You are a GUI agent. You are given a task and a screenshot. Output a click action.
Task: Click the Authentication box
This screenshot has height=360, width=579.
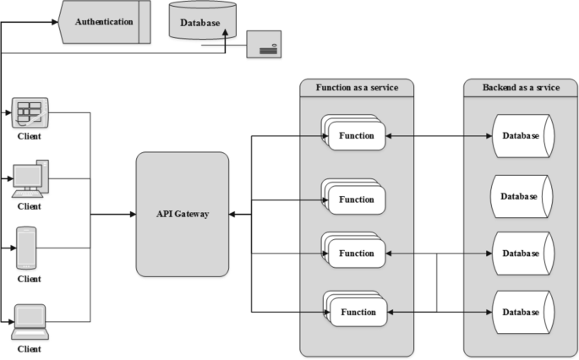click(x=105, y=22)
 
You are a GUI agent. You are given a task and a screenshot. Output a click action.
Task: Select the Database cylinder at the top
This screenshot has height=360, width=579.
click(x=203, y=20)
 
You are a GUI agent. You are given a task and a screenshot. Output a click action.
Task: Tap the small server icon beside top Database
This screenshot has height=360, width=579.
click(x=264, y=44)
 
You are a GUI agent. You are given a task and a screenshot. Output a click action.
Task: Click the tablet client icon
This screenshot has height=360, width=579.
click(x=30, y=112)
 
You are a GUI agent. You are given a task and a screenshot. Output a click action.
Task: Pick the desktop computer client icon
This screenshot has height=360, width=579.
click(x=30, y=179)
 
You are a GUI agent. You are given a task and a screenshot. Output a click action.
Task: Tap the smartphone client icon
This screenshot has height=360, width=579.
click(x=26, y=248)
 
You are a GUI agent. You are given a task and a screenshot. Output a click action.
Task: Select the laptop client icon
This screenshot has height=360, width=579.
click(x=30, y=322)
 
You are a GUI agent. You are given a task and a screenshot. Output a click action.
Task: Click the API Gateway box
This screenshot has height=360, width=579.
click(x=183, y=214)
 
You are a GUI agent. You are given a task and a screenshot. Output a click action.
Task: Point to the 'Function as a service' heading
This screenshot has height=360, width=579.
click(x=357, y=88)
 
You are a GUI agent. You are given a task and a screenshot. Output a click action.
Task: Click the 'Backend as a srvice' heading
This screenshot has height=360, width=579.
click(x=521, y=88)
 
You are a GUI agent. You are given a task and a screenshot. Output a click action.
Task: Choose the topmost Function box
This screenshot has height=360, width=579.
click(x=354, y=133)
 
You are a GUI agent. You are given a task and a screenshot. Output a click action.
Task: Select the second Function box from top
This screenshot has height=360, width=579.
click(x=354, y=197)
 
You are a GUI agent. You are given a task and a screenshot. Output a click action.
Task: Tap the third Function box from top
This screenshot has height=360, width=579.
click(x=354, y=250)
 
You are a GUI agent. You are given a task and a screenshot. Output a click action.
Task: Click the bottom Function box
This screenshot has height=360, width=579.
click(x=356, y=309)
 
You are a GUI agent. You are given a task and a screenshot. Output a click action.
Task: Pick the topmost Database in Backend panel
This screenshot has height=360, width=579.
click(x=523, y=136)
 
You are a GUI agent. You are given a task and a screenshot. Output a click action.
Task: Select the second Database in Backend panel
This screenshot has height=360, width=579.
click(x=522, y=196)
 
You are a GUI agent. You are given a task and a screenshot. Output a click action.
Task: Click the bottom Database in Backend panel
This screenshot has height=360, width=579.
click(x=523, y=313)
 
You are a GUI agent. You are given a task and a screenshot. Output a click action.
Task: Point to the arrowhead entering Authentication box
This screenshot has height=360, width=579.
click(x=55, y=22)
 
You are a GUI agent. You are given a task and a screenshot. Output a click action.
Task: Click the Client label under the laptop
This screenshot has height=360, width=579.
click(x=30, y=349)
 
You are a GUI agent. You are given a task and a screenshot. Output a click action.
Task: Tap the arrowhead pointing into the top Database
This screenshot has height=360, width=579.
click(x=225, y=33)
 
